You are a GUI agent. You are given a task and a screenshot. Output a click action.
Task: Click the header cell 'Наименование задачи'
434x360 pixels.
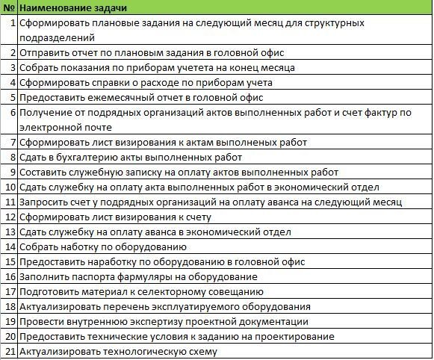[72, 8]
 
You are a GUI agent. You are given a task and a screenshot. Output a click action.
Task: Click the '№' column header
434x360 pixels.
[10, 8]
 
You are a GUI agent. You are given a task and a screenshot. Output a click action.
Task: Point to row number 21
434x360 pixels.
[10, 351]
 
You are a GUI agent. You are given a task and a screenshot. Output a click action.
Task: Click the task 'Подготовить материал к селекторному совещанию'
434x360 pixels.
[140, 291]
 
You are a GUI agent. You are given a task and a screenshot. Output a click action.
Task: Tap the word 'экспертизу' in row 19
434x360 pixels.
[169, 321]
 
